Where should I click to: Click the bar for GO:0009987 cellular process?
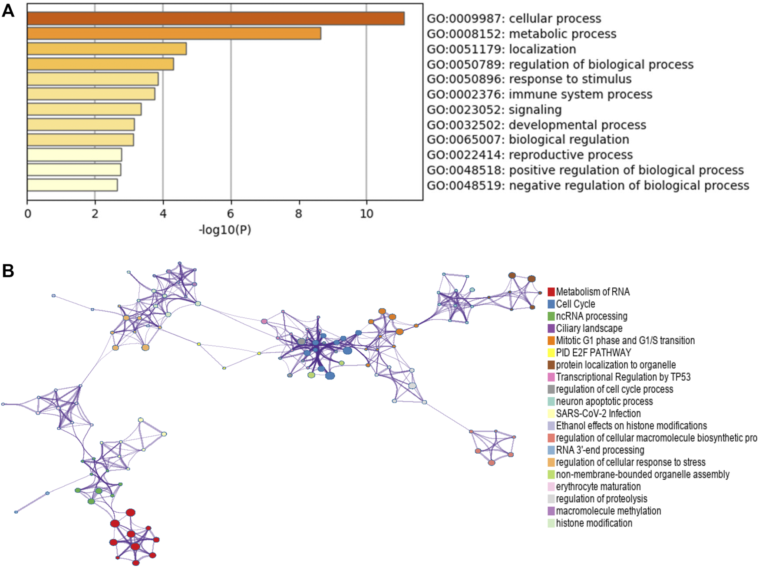[x=216, y=19]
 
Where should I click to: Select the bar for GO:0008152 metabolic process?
[x=174, y=33]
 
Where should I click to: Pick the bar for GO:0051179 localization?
[x=107, y=49]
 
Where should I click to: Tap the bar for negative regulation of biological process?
[x=72, y=185]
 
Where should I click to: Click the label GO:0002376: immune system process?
[x=539, y=94]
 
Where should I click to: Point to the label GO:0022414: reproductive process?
[x=530, y=155]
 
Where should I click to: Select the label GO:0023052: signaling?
[x=494, y=109]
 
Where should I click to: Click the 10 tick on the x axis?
[x=366, y=214]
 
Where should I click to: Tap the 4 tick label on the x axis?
[x=163, y=214]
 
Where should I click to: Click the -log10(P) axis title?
[x=225, y=230]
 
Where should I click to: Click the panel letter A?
[x=8, y=11]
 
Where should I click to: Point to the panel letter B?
[x=8, y=271]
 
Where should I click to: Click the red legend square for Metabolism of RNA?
[x=551, y=292]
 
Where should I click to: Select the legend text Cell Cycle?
[x=575, y=304]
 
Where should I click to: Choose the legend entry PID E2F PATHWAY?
[x=593, y=353]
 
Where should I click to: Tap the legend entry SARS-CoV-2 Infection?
[x=598, y=413]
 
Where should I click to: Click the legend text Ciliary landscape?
[x=589, y=328]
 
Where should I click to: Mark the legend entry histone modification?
[x=594, y=523]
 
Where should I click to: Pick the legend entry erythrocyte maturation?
[x=598, y=486]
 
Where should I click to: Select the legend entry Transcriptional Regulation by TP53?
[x=623, y=377]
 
